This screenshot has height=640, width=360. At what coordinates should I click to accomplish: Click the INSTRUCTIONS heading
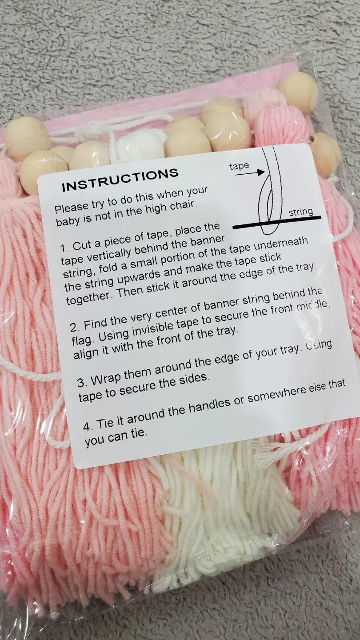pyautogui.click(x=120, y=180)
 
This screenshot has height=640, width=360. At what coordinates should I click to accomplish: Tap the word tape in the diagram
pyautogui.click(x=239, y=166)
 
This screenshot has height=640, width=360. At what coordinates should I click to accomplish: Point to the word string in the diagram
pyautogui.click(x=300, y=212)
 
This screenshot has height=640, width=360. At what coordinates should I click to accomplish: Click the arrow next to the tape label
pyautogui.click(x=250, y=172)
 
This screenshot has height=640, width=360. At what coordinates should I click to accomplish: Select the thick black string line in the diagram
pyautogui.click(x=277, y=223)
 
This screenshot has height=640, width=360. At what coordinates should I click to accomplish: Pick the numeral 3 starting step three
pyautogui.click(x=81, y=383)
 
